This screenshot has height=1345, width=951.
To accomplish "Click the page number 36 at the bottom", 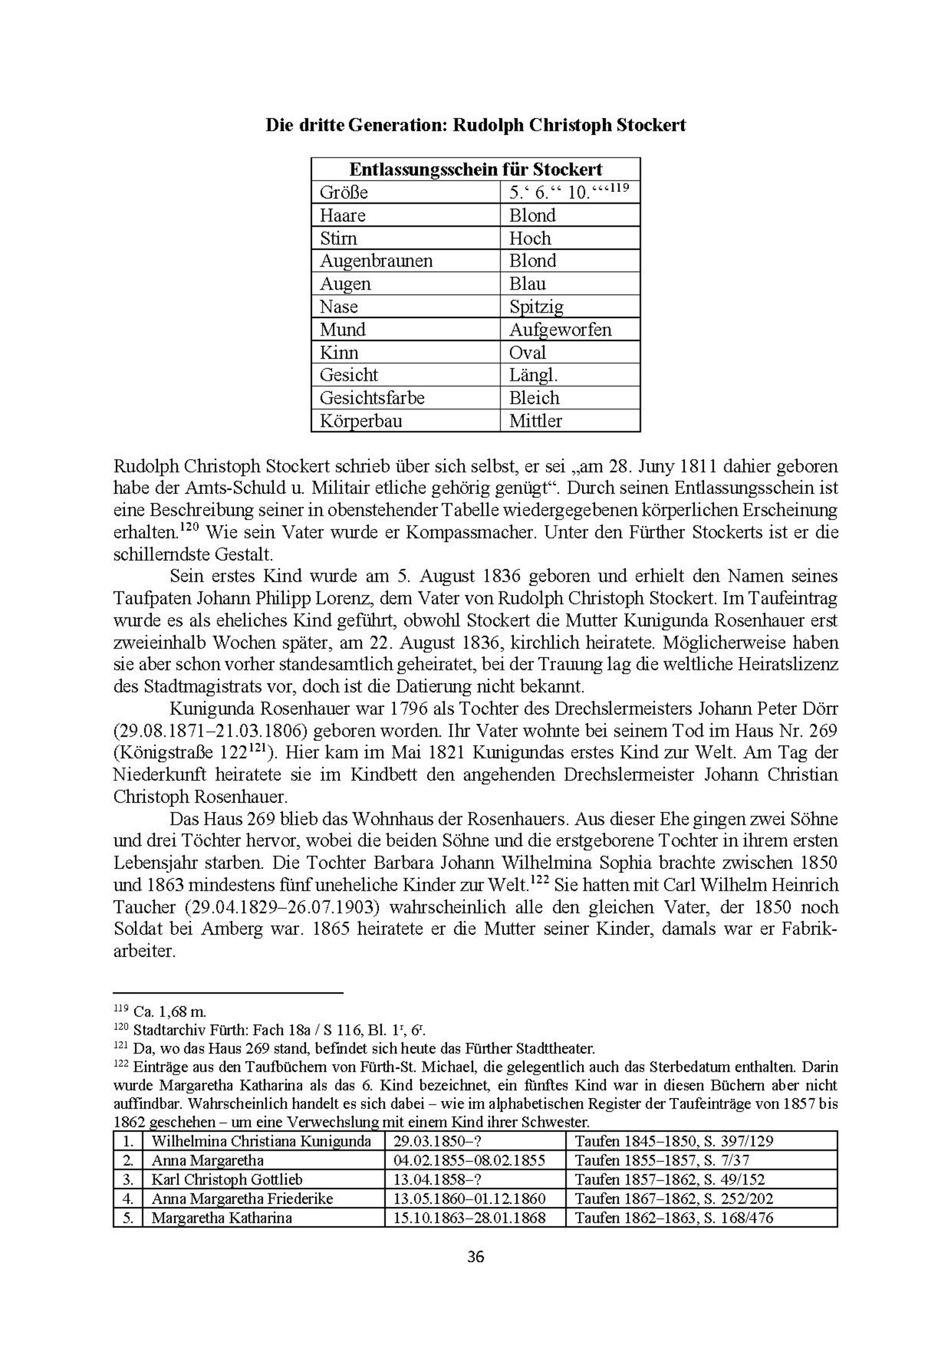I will [x=475, y=1256].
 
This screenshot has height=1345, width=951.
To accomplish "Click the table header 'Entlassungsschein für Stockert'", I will [x=475, y=169].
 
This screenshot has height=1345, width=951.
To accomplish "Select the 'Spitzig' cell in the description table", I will [x=536, y=306].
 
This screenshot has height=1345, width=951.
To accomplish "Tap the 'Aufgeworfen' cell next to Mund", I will [x=560, y=329].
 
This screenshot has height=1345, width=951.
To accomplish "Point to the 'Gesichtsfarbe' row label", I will [x=371, y=397].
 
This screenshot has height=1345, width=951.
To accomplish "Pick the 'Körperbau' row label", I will [x=360, y=421].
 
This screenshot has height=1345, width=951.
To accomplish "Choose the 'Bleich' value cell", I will [x=534, y=397].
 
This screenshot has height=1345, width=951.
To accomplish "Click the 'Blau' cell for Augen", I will [x=528, y=283].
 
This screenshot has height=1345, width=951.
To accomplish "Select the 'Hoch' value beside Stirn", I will [x=530, y=238].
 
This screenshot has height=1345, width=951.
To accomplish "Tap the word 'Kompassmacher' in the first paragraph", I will [x=471, y=532].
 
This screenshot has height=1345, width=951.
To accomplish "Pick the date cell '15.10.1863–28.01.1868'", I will [x=469, y=1217].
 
